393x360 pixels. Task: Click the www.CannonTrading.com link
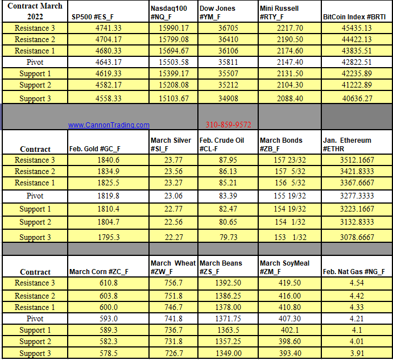tap(109, 125)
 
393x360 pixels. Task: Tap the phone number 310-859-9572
tap(228, 125)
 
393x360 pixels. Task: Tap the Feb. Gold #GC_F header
tap(95, 149)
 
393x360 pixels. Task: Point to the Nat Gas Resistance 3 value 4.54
tap(355, 283)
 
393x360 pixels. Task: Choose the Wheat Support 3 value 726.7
tap(173, 353)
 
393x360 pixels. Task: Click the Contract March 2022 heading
tap(35, 11)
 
